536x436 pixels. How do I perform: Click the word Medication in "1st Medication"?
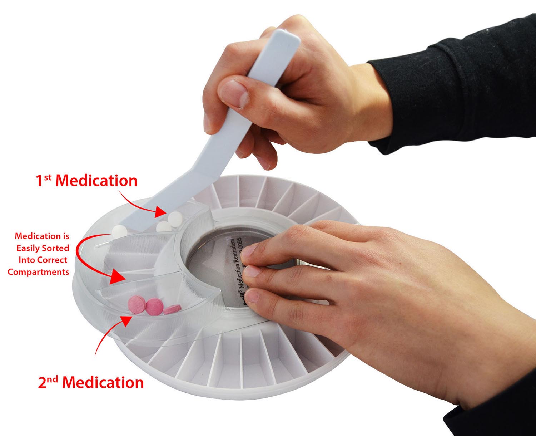[96, 181]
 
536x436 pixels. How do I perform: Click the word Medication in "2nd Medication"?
[103, 383]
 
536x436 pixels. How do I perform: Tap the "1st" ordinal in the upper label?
[44, 180]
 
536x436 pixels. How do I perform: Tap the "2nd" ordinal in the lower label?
[48, 382]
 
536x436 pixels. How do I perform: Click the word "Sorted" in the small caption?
[56, 248]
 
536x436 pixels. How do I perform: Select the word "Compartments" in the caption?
[38, 272]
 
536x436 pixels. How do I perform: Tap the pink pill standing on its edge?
[173, 309]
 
